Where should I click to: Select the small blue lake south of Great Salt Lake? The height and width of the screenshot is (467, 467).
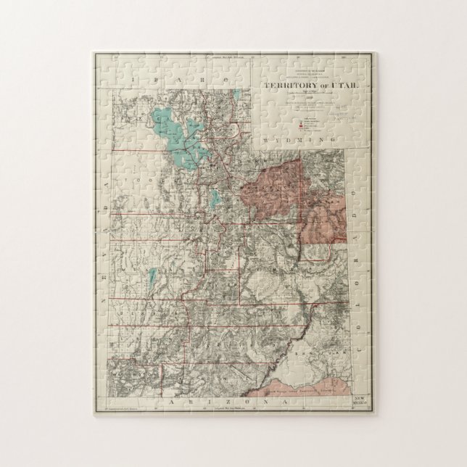(215, 198)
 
